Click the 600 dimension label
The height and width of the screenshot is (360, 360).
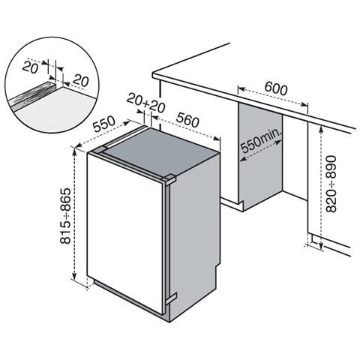276,88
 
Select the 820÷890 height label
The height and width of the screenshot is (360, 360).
331,184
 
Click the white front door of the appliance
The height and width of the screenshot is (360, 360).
124,232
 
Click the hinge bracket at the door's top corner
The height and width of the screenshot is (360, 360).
169,179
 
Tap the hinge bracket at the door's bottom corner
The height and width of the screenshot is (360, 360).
170,301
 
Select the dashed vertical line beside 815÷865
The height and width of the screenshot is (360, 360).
77,217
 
